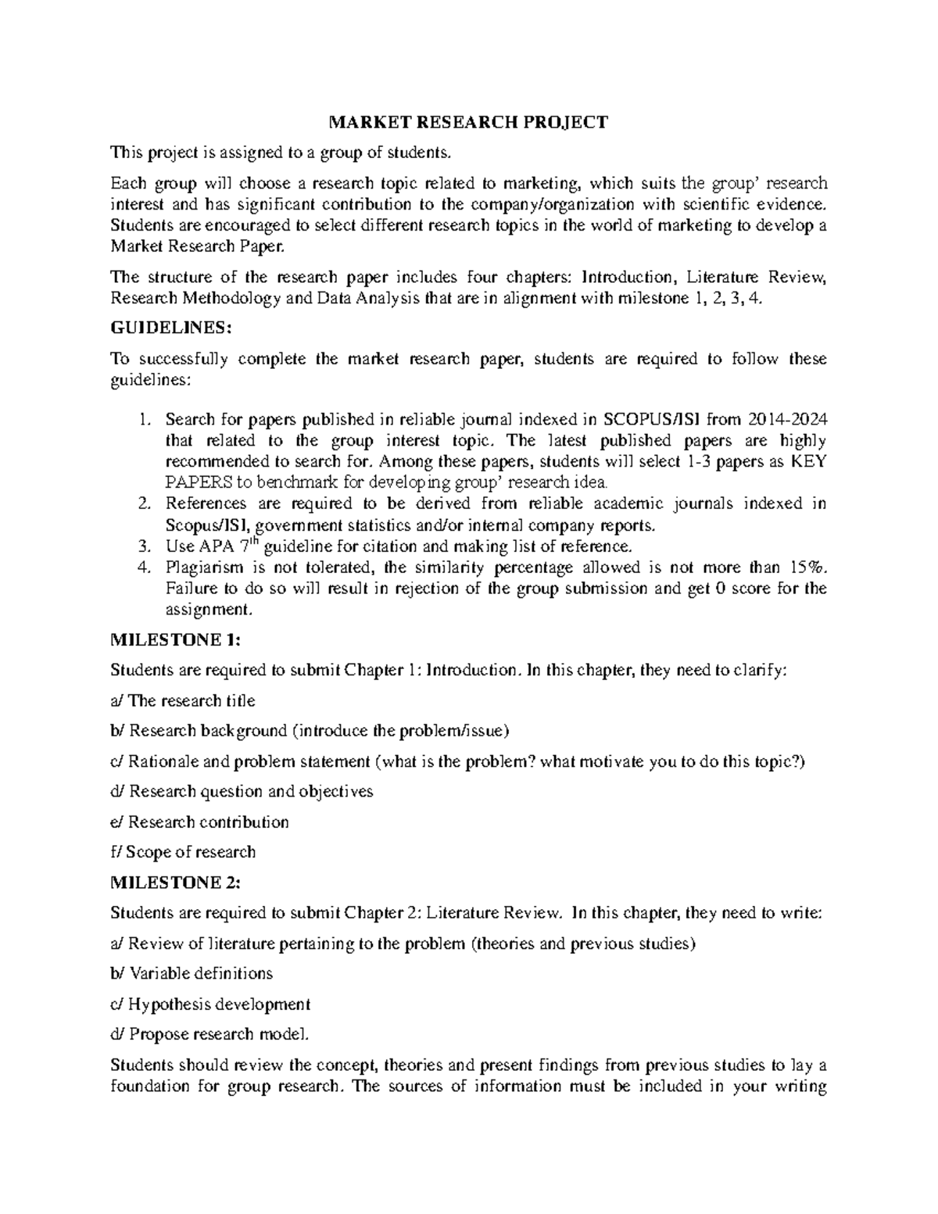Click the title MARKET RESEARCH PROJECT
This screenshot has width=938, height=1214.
[467, 122]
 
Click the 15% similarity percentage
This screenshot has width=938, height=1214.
[810, 567]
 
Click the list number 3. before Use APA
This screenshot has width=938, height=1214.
[142, 546]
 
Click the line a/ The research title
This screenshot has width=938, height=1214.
[183, 700]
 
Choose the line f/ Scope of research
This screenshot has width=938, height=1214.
[183, 852]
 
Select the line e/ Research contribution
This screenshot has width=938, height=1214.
[200, 822]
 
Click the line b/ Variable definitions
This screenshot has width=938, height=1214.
[192, 973]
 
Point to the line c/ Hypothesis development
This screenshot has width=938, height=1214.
[210, 1004]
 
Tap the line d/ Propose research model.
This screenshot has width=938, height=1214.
[210, 1034]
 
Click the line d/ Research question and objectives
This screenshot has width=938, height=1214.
[242, 791]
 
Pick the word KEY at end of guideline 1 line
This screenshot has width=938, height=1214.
[809, 461]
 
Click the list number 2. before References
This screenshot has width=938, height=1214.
[142, 504]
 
